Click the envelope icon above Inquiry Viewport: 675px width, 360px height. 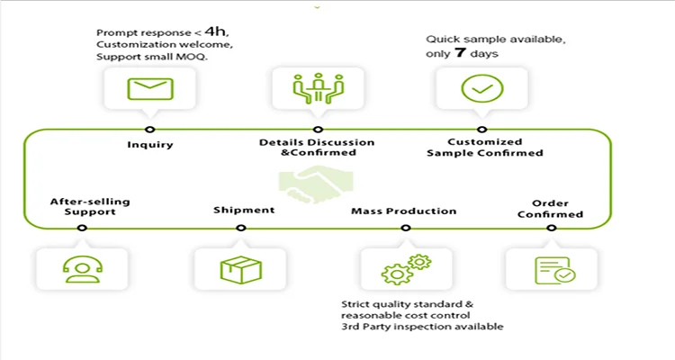149,88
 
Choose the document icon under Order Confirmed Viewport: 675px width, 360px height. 551,269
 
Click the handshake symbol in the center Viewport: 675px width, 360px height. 308,179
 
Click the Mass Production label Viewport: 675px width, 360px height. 403,211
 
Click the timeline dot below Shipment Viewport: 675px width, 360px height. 239,228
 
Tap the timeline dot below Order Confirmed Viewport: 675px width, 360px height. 551,228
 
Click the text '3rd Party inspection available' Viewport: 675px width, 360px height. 422,327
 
